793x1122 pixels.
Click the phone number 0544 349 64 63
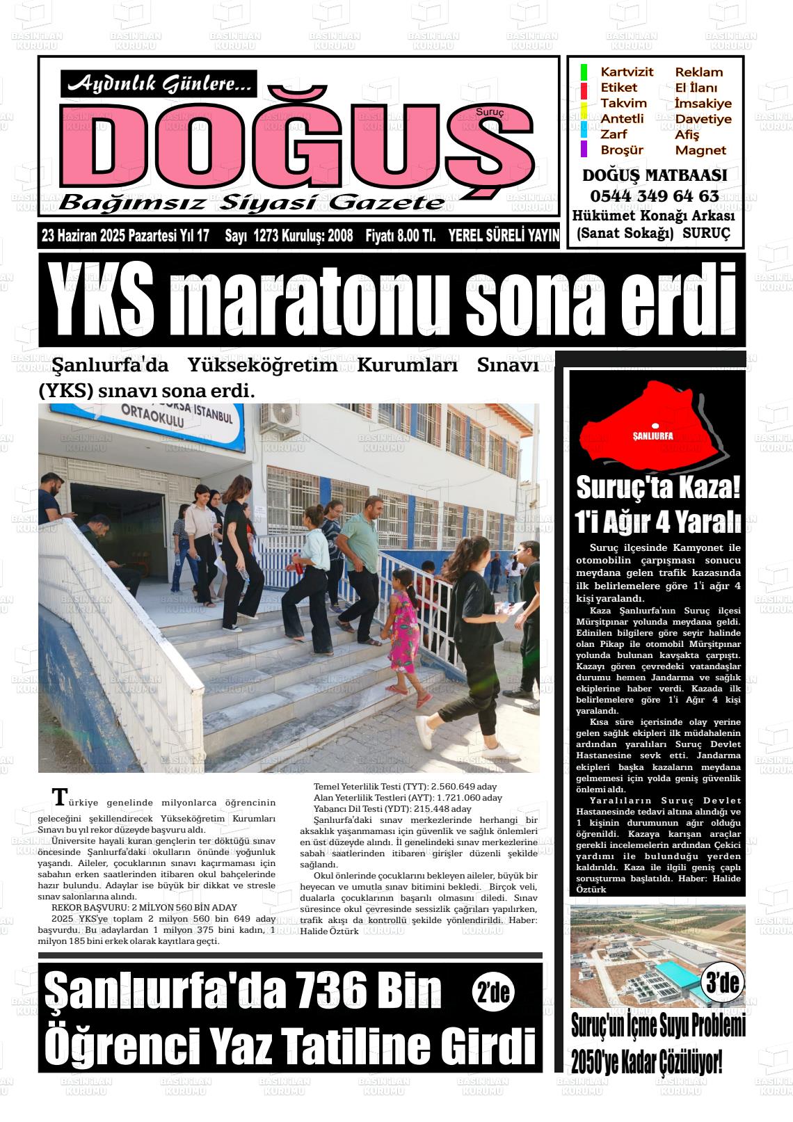655,195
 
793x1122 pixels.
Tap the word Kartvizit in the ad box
627,72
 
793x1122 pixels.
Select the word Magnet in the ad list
700,150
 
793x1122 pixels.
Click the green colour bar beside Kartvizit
584,72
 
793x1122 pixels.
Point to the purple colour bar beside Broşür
584,149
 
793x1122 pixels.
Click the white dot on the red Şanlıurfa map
655,426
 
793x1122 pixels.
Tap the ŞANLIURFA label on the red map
653,436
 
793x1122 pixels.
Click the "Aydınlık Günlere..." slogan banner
159,85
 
